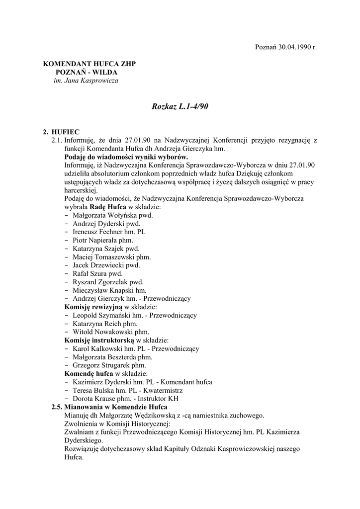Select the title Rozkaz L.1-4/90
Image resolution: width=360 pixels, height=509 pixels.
[180, 107]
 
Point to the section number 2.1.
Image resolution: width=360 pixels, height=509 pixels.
[57, 141]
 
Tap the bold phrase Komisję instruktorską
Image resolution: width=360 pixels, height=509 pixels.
[99, 340]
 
